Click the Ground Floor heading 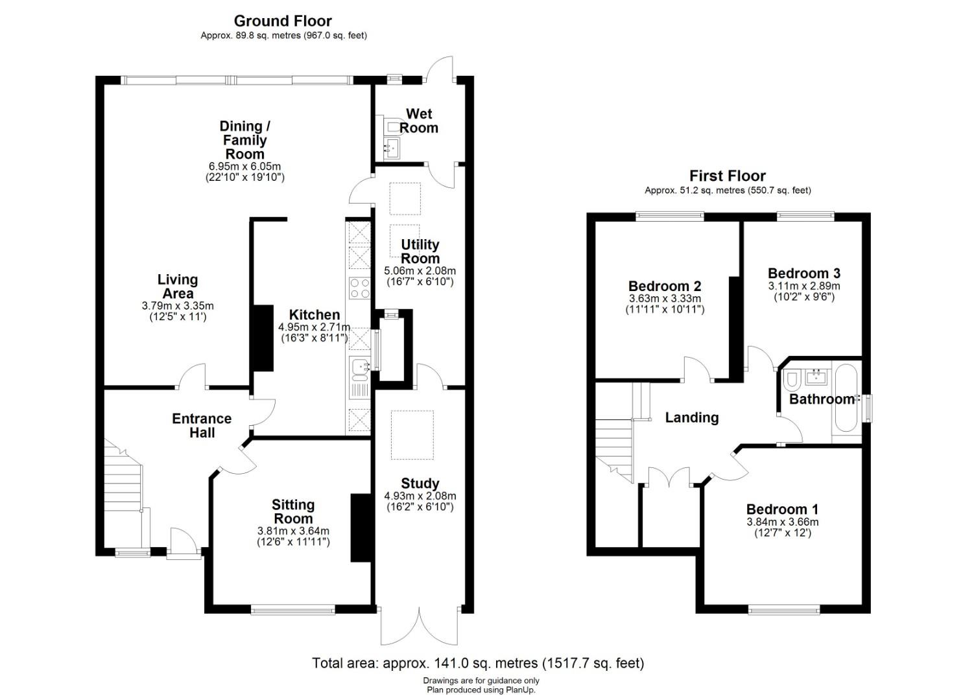point(283,21)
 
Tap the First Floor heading point(728,176)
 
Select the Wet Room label point(418,121)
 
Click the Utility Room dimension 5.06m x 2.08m point(420,271)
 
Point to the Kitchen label point(315,314)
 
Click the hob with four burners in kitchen point(359,288)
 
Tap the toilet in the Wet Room point(392,126)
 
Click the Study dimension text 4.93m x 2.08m point(420,496)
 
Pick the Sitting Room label point(292,511)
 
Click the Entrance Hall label point(202,425)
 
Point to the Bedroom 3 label point(804,274)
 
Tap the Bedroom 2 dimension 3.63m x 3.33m point(665,299)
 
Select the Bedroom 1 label point(782,509)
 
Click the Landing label point(692,417)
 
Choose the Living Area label point(178,286)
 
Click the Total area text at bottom point(478,663)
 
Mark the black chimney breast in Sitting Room point(361,528)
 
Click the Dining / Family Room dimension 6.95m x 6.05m point(244,167)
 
